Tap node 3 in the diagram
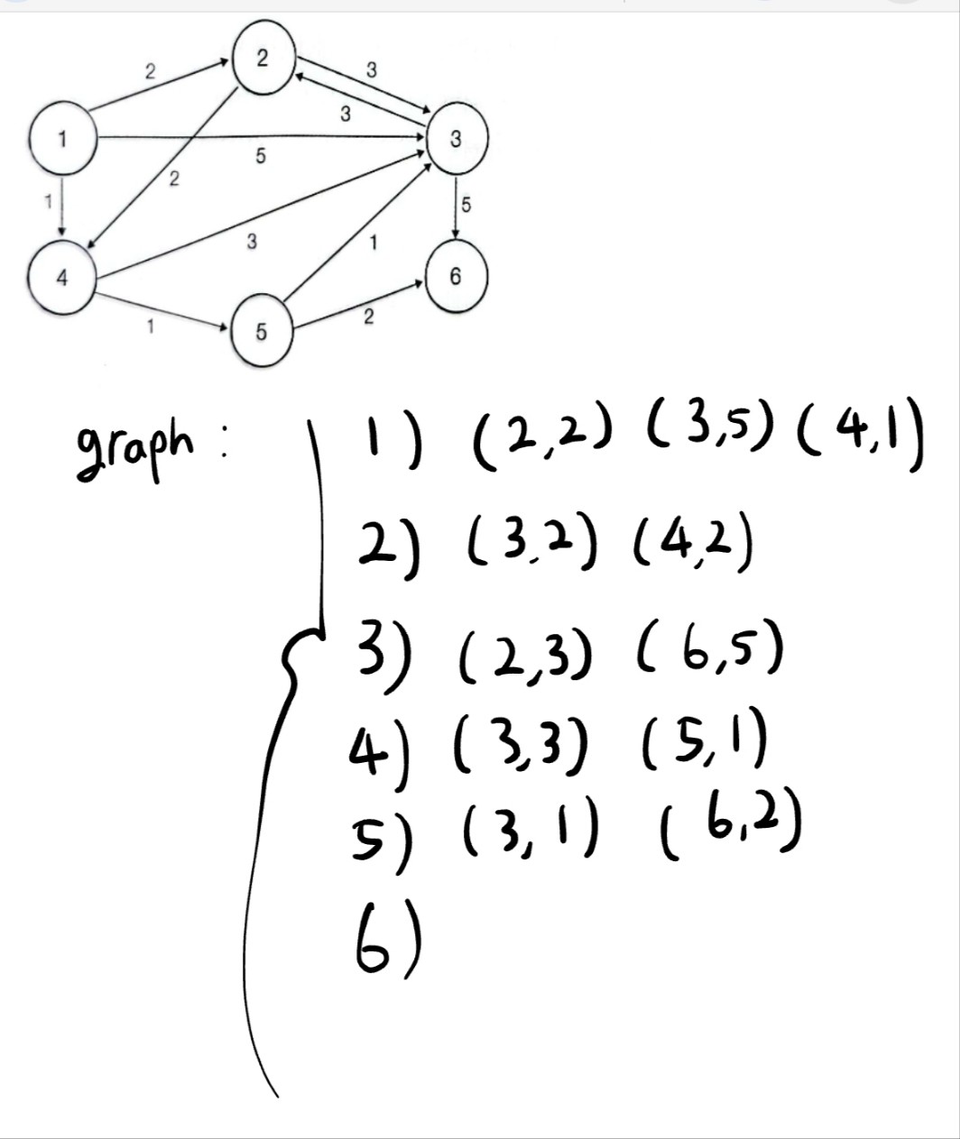click(x=456, y=139)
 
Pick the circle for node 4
click(x=61, y=277)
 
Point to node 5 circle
click(x=261, y=332)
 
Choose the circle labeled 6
click(x=455, y=277)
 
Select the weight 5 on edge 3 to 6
click(x=466, y=205)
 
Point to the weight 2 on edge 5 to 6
click(x=369, y=317)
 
